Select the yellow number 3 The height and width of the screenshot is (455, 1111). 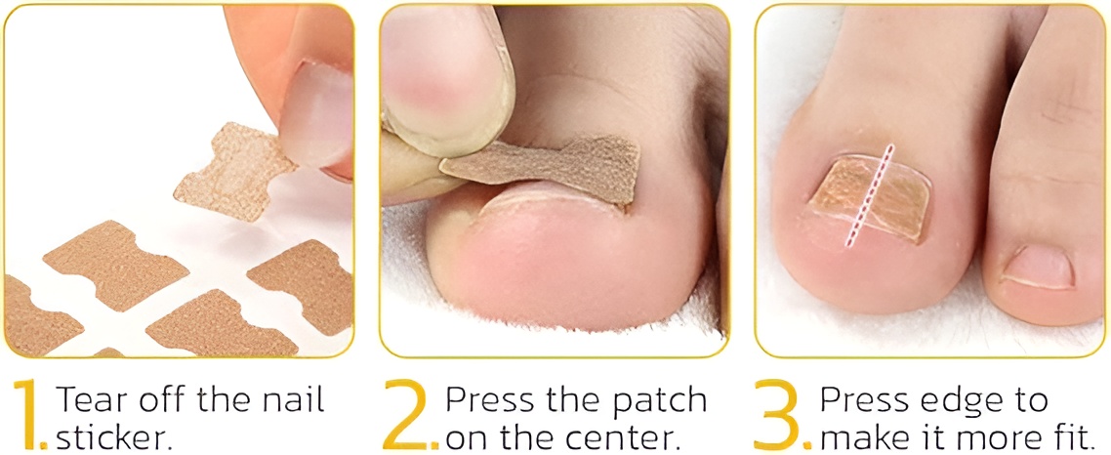779,415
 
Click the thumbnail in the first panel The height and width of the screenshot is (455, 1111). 321,113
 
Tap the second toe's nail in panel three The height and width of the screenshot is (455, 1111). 1038,267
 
